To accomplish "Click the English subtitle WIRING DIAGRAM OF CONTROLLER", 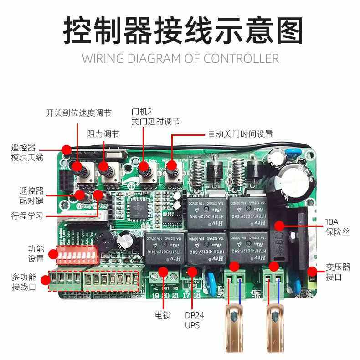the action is click(x=180, y=58).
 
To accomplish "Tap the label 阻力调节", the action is click(x=103, y=134).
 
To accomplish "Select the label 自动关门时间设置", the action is click(x=240, y=134).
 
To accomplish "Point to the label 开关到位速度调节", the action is click(x=78, y=113).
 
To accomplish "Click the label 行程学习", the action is click(x=27, y=216).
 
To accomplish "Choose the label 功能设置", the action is click(x=36, y=254).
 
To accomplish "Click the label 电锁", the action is click(x=163, y=315).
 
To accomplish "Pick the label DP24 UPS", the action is click(x=192, y=320).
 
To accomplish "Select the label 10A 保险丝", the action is click(x=337, y=227).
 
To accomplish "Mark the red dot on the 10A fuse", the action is click(x=279, y=225).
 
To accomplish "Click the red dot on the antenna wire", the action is click(x=67, y=149).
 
